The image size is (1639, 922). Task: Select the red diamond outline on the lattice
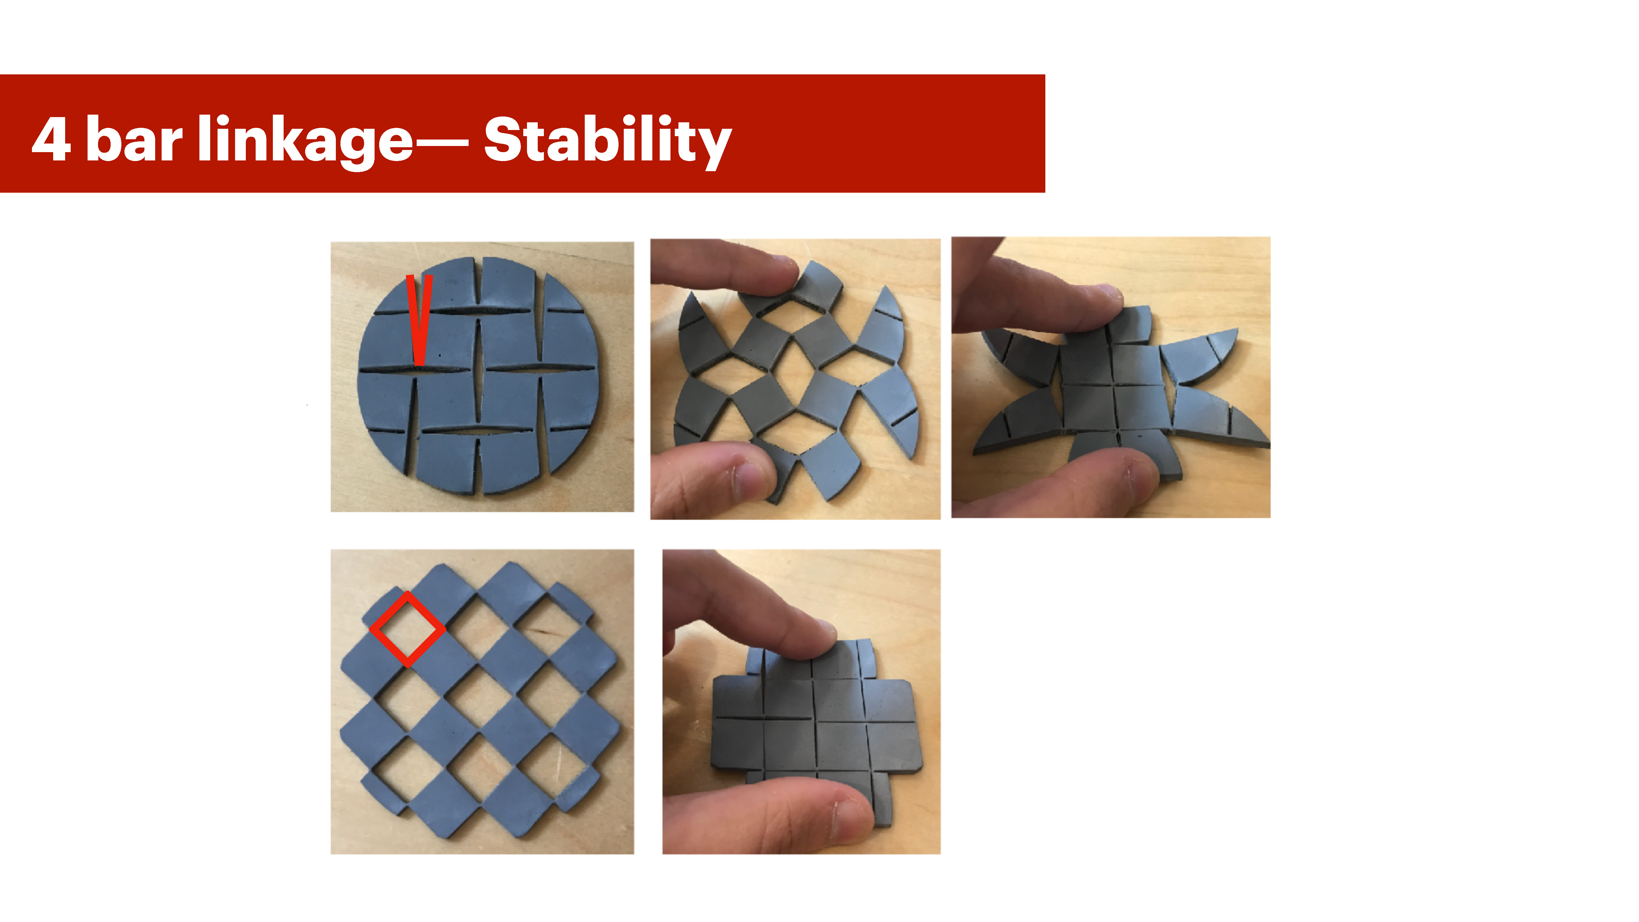click(x=407, y=629)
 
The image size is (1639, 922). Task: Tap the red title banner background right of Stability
click(x=891, y=134)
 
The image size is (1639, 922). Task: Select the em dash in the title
click(x=442, y=143)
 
